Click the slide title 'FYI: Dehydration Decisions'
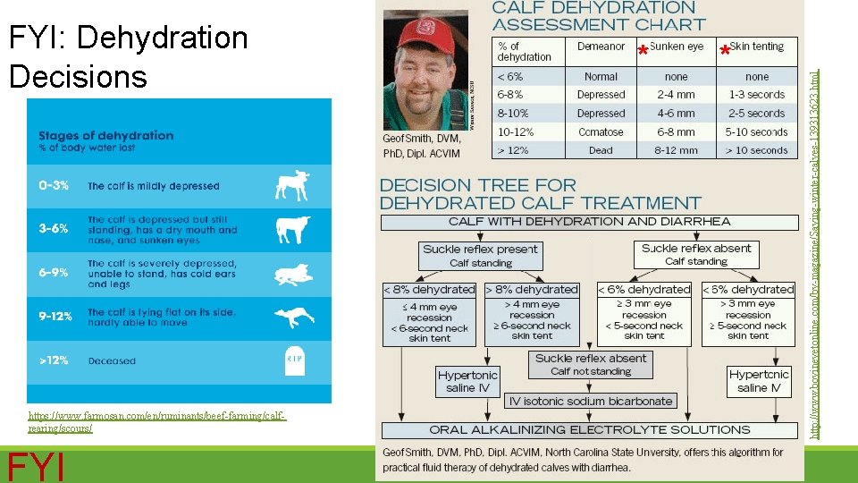[x=128, y=56]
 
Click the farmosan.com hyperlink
[x=156, y=422]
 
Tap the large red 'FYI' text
[x=36, y=466]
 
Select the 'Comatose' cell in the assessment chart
[x=601, y=131]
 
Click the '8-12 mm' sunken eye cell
[x=676, y=150]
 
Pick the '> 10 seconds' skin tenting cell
[x=756, y=150]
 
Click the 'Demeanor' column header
[x=601, y=47]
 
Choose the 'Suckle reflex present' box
[x=480, y=255]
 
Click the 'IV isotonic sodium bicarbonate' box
[x=590, y=401]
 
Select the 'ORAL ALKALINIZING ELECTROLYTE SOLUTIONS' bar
[x=590, y=429]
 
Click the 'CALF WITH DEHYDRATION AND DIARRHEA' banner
[x=589, y=221]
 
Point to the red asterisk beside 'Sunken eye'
[x=643, y=53]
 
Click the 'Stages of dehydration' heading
[x=105, y=136]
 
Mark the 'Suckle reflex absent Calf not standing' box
[x=590, y=364]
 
